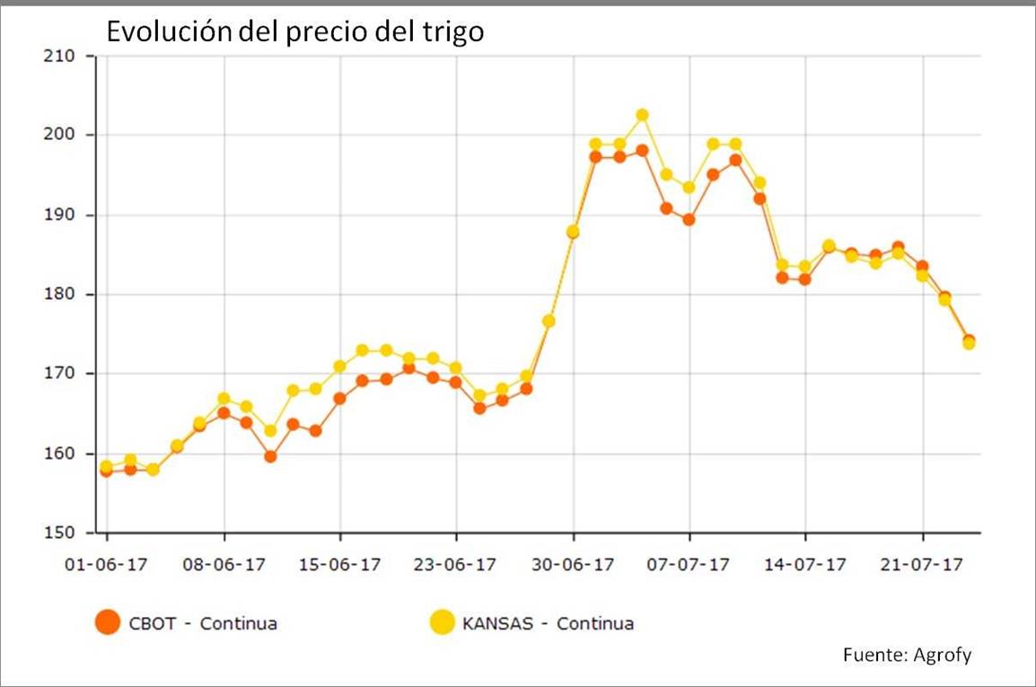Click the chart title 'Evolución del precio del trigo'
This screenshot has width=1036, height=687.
pos(295,32)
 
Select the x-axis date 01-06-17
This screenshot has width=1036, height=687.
pos(108,566)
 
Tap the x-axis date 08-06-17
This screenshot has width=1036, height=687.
pos(224,566)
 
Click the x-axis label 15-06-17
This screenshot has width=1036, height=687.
pos(339,566)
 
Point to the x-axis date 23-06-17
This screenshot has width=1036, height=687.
pos(456,566)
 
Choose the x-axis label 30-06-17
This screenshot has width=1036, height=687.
pos(573,566)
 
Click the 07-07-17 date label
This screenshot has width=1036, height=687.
pos(689,566)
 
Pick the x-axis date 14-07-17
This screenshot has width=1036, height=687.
pos(805,566)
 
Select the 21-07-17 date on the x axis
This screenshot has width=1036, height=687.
pos(922,566)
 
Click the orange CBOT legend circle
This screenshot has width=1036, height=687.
pos(108,622)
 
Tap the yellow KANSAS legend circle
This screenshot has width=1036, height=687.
pos(441,622)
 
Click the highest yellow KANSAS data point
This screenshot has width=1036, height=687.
pos(642,115)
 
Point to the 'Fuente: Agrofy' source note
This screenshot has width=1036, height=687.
pos(907,655)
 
